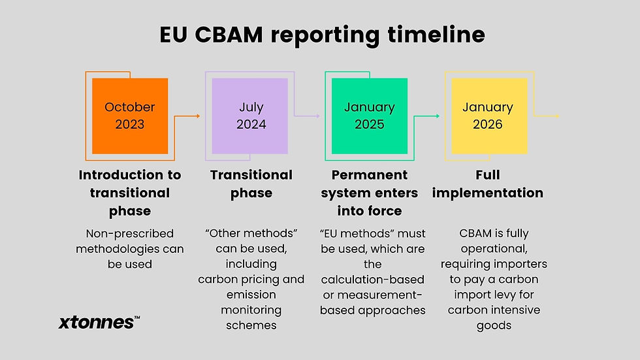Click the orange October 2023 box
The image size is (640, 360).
[x=130, y=116]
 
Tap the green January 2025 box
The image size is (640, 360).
[x=370, y=116]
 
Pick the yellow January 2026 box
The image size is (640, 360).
[x=488, y=116]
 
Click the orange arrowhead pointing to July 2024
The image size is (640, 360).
[x=198, y=116]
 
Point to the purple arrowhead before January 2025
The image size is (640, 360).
[x=317, y=116]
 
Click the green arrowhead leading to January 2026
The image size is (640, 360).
[x=438, y=116]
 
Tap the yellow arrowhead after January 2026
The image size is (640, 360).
[x=557, y=116]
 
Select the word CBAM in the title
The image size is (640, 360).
[x=231, y=35]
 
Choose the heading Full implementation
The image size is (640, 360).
[x=488, y=184]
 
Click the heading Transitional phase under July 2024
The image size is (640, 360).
[x=251, y=184]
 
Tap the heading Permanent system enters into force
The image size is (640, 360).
[x=370, y=193]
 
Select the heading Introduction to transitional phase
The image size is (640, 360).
[x=130, y=193]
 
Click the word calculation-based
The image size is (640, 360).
[x=373, y=279]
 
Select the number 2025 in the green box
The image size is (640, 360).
[x=370, y=124]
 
